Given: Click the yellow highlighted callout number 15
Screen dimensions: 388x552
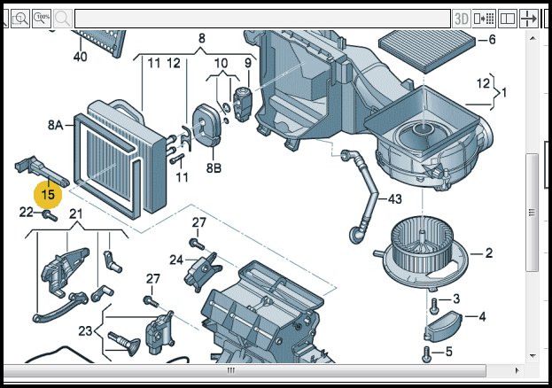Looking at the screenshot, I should [x=48, y=194].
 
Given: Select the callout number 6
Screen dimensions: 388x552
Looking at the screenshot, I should [x=492, y=40].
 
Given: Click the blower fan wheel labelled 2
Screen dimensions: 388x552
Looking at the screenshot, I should [x=428, y=249].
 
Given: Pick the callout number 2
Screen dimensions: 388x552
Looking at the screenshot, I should [x=487, y=253].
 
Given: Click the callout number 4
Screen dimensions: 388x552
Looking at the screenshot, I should [x=482, y=316].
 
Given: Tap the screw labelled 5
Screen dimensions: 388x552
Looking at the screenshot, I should [x=427, y=353].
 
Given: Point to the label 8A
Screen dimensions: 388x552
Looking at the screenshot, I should [x=55, y=127].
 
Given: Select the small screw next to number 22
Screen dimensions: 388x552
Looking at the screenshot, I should [x=47, y=214].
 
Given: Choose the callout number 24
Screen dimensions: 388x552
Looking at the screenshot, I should [x=176, y=260].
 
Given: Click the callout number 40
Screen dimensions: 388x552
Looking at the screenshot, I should [x=80, y=57].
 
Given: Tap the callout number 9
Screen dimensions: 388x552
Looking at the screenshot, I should [x=248, y=63].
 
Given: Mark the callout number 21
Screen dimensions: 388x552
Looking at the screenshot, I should [x=75, y=213].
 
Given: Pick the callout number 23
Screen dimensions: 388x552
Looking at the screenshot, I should [x=85, y=331].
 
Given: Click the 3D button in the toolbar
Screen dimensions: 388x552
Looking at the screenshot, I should [x=461, y=18].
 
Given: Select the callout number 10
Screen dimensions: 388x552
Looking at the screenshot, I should [x=222, y=63].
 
